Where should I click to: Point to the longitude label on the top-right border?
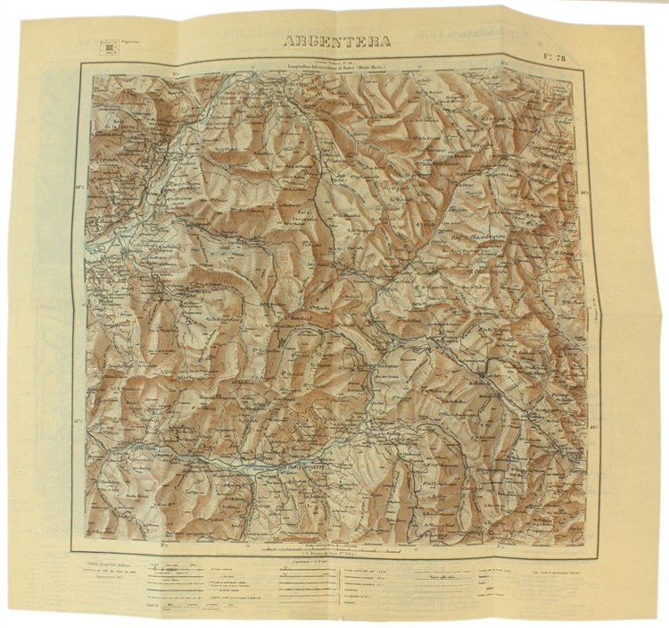(x=505, y=63)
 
